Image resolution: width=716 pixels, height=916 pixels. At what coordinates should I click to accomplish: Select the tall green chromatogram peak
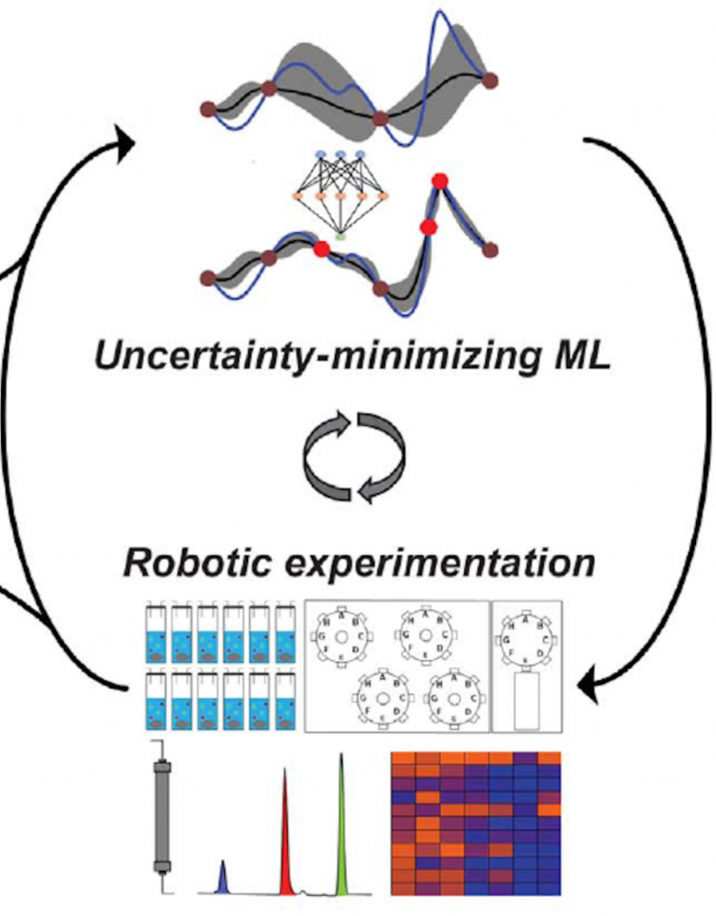(341, 826)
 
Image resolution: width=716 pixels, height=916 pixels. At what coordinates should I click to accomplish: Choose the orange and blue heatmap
(476, 824)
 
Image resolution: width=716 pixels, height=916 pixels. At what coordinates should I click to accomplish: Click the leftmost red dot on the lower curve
(323, 248)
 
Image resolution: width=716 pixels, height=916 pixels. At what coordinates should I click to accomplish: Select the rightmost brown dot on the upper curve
(491, 78)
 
